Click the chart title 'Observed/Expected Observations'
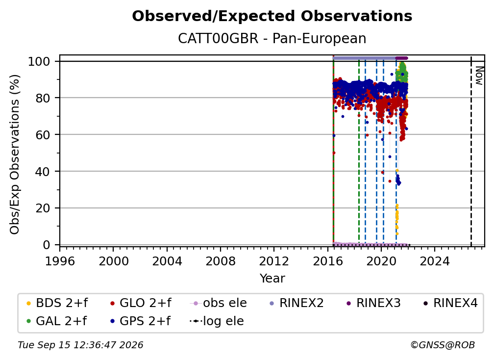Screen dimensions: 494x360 point(272,16)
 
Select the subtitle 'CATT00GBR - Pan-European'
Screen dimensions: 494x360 point(272,38)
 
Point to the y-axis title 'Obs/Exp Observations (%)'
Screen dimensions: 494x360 point(15,154)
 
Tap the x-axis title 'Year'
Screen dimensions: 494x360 point(272,279)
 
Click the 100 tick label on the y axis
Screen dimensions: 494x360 point(39,61)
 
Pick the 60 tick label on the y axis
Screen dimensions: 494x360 point(43,135)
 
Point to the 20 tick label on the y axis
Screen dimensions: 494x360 point(43,208)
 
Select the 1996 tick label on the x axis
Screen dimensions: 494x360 point(60,261)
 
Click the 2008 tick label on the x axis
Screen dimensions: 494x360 point(220,261)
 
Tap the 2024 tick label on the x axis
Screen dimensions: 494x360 point(434,261)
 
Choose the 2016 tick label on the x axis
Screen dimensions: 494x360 point(328,261)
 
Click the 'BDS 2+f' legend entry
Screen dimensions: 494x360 point(57,303)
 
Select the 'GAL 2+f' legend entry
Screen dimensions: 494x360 point(56,321)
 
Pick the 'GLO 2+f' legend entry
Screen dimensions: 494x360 point(141,303)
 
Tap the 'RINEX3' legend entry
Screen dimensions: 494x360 point(373,303)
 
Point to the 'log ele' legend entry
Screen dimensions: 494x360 point(217,321)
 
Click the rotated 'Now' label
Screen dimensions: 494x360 point(479,76)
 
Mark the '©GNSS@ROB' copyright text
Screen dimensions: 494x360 point(443,345)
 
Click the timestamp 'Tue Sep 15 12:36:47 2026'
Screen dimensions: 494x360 point(80,345)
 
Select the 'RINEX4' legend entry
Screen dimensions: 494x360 point(450,303)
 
